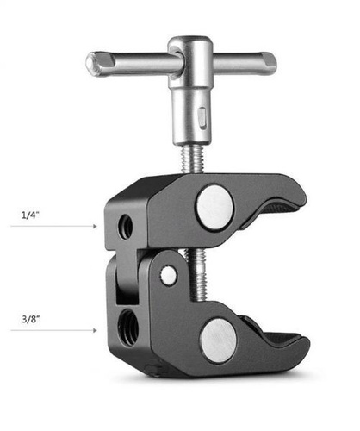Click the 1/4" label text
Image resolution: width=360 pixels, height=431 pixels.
click(30, 215)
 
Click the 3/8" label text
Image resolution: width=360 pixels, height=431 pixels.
click(31, 319)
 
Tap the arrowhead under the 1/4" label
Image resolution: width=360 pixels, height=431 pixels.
click(95, 226)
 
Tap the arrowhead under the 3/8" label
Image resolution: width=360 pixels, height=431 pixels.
click(95, 330)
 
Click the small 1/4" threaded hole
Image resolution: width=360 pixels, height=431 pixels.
click(126, 227)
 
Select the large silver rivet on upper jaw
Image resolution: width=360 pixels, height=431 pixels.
click(214, 208)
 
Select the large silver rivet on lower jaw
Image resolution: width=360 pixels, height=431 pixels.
click(219, 340)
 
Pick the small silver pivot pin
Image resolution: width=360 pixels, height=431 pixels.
click(168, 275)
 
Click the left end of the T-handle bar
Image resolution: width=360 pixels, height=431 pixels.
click(91, 64)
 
